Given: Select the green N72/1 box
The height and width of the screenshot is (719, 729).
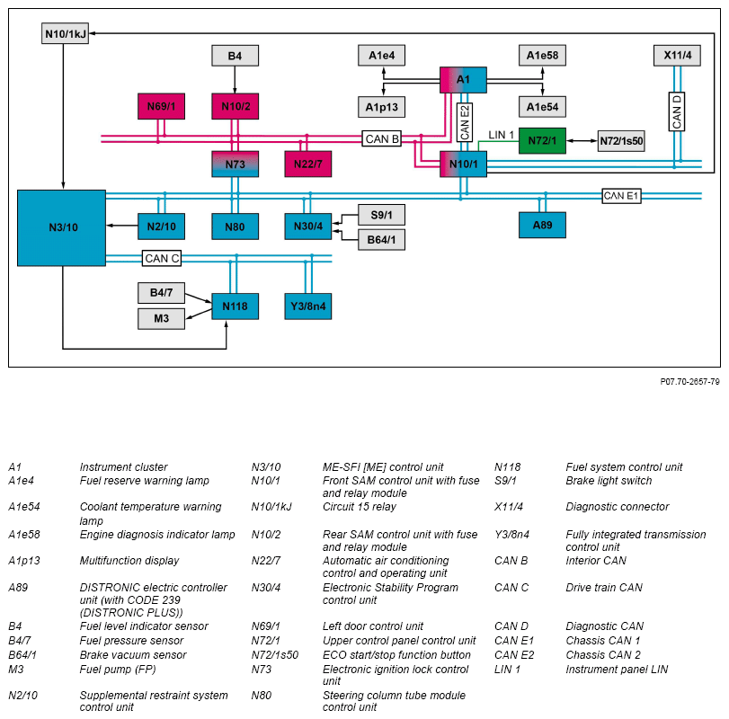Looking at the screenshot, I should [x=542, y=140].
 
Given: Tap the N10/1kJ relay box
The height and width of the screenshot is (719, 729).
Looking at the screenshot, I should [x=66, y=33].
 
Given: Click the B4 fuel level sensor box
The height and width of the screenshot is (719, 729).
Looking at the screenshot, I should [x=235, y=56].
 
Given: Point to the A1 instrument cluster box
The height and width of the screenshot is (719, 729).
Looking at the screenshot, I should [x=463, y=80].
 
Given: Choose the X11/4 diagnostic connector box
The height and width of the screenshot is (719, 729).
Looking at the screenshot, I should [x=677, y=56].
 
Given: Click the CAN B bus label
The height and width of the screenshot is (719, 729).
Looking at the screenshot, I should [x=382, y=138].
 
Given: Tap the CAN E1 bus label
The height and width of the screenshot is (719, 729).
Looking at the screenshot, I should [x=621, y=195].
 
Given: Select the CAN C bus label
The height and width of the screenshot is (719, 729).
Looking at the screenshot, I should [x=162, y=259].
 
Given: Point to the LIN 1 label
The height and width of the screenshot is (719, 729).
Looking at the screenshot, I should [x=501, y=135].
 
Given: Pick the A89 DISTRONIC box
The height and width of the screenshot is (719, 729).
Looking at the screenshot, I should [x=542, y=225].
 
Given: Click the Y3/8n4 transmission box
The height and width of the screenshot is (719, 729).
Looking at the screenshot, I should [x=307, y=306].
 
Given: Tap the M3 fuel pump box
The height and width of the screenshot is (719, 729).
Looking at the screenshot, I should [x=161, y=318].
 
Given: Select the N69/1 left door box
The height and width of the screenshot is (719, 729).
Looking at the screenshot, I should [x=160, y=107].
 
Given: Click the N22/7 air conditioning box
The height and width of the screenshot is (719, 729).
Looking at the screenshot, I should [x=307, y=164].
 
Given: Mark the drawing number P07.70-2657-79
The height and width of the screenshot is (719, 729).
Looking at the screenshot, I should [x=689, y=381].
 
